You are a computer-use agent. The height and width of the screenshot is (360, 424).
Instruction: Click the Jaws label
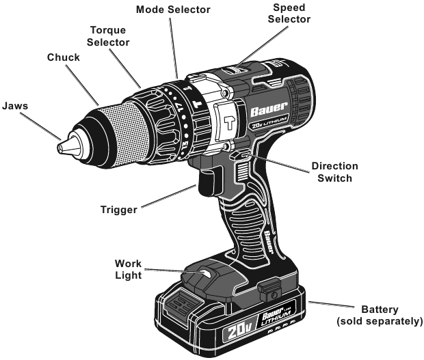(15, 106)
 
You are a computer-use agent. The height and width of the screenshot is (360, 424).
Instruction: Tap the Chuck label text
(64, 57)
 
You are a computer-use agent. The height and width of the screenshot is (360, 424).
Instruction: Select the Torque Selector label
(108, 36)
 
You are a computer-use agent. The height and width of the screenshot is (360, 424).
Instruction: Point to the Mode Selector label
(173, 10)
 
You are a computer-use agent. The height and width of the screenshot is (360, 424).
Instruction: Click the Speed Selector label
(289, 13)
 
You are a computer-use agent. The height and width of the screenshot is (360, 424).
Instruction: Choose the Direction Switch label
(335, 172)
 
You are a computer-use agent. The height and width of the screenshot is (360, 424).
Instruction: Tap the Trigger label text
(119, 210)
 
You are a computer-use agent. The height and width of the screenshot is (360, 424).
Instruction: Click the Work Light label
(128, 269)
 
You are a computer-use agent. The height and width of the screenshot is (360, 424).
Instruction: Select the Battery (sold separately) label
(380, 315)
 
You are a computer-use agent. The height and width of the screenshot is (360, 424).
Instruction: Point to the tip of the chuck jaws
(59, 148)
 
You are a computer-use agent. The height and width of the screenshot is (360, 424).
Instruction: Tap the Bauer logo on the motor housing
(269, 109)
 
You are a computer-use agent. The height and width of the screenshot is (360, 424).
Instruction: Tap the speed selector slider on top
(235, 70)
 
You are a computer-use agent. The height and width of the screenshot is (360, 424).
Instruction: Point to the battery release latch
(269, 291)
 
